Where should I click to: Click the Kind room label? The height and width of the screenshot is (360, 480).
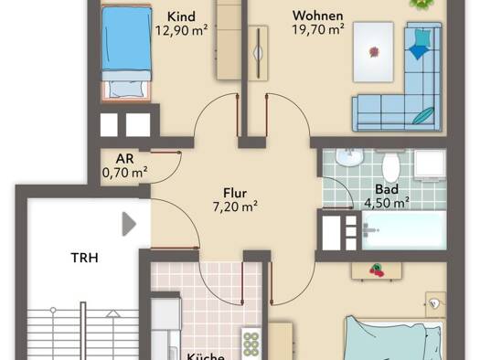pos(181,16)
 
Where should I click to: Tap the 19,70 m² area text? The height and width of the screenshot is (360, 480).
pos(318,29)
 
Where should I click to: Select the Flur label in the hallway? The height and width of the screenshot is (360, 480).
pos(235,194)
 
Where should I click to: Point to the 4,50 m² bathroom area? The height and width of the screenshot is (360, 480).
pos(387,203)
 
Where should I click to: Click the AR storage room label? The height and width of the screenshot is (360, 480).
pos(125,159)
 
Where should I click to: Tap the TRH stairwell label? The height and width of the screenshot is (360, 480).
pos(85,258)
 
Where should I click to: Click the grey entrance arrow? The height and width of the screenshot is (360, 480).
pos(129,224)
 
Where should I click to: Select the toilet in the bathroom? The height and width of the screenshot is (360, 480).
pos(391,166)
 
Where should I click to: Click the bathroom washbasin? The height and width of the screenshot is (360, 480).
pos(349,157)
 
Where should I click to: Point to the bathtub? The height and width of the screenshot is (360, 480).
pos(404,230)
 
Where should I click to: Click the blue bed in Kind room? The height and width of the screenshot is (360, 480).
pos(126,53)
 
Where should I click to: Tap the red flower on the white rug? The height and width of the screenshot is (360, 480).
pos(374,52)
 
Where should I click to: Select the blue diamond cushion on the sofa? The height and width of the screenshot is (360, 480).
pos(417,52)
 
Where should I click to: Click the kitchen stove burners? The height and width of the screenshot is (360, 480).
pos(251,344)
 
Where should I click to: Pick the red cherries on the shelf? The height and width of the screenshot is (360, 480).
pos(377,270)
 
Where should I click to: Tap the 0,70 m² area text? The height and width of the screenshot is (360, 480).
pos(124,173)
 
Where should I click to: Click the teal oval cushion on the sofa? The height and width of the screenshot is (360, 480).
pos(423,115)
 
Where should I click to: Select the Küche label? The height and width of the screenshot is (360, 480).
pos(206,356)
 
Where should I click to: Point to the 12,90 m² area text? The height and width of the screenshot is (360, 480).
pos(182,30)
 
